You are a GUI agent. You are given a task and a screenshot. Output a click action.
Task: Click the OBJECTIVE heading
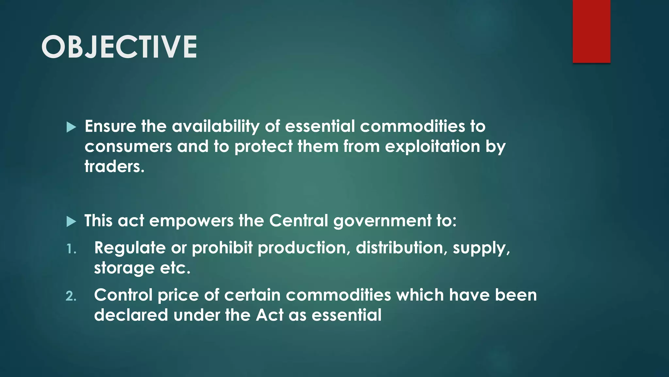119,47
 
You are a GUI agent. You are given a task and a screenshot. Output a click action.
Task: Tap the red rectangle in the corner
591,31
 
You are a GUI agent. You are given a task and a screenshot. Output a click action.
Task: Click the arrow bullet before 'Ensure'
71,127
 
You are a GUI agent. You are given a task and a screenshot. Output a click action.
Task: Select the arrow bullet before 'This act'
71,222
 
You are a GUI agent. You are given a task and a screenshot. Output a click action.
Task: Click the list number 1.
71,249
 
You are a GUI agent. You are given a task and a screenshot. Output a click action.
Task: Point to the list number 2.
71,296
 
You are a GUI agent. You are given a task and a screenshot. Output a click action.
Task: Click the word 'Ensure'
110,126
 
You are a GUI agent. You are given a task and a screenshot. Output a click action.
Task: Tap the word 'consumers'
128,147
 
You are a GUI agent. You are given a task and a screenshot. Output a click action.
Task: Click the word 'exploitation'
432,147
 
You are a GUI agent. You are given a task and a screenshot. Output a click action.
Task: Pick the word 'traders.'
114,167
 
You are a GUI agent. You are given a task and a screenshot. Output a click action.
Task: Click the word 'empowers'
191,221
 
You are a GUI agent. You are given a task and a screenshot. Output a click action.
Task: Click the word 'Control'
123,295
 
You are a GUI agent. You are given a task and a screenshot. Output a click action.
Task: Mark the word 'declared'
131,315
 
